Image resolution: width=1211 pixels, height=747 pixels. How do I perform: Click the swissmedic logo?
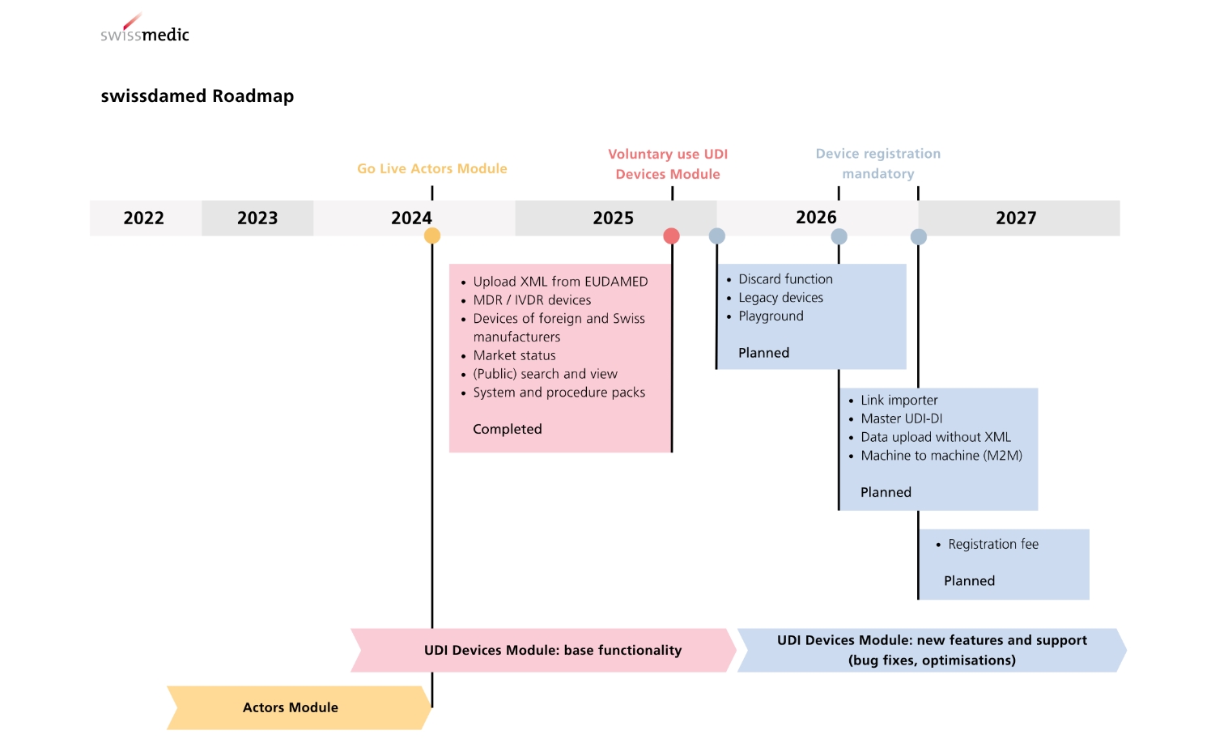click(x=145, y=28)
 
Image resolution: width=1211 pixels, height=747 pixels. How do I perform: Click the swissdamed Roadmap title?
click(x=198, y=95)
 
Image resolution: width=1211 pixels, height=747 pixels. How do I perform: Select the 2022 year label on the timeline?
click(x=143, y=218)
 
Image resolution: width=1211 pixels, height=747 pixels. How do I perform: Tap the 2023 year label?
click(x=257, y=218)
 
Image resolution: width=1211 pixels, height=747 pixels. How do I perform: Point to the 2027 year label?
click(x=1016, y=218)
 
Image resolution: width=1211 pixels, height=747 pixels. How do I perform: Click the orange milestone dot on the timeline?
click(x=432, y=236)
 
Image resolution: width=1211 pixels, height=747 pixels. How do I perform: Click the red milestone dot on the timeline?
click(x=671, y=236)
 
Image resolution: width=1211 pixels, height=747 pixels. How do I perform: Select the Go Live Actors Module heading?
click(x=432, y=168)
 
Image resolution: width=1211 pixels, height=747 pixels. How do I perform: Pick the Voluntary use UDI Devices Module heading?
click(x=668, y=163)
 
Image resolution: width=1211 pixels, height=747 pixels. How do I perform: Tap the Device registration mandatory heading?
click(x=878, y=163)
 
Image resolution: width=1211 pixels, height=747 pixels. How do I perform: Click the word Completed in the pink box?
click(x=507, y=429)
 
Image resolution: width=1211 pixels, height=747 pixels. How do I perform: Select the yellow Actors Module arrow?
click(x=299, y=707)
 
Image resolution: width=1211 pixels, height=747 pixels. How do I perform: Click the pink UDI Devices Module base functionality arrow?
click(x=543, y=650)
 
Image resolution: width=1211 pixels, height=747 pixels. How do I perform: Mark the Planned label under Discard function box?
click(x=764, y=353)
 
